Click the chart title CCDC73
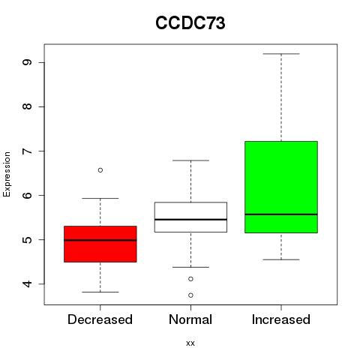click(190, 23)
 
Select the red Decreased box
click(100, 244)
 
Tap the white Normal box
click(190, 217)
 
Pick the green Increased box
click(281, 187)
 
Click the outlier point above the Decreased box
click(100, 170)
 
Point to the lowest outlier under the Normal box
click(190, 295)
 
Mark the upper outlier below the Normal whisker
click(190, 279)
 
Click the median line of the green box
click(281, 214)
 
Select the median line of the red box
click(100, 240)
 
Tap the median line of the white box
click(190, 220)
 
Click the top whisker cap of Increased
click(281, 54)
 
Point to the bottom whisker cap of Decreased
click(100, 292)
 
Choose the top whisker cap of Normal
click(190, 160)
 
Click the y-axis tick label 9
click(27, 62)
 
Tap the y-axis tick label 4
click(27, 283)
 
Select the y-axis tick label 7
click(27, 151)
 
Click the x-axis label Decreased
click(100, 319)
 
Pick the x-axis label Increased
click(281, 319)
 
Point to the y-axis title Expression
click(7, 174)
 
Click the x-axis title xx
click(190, 343)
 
